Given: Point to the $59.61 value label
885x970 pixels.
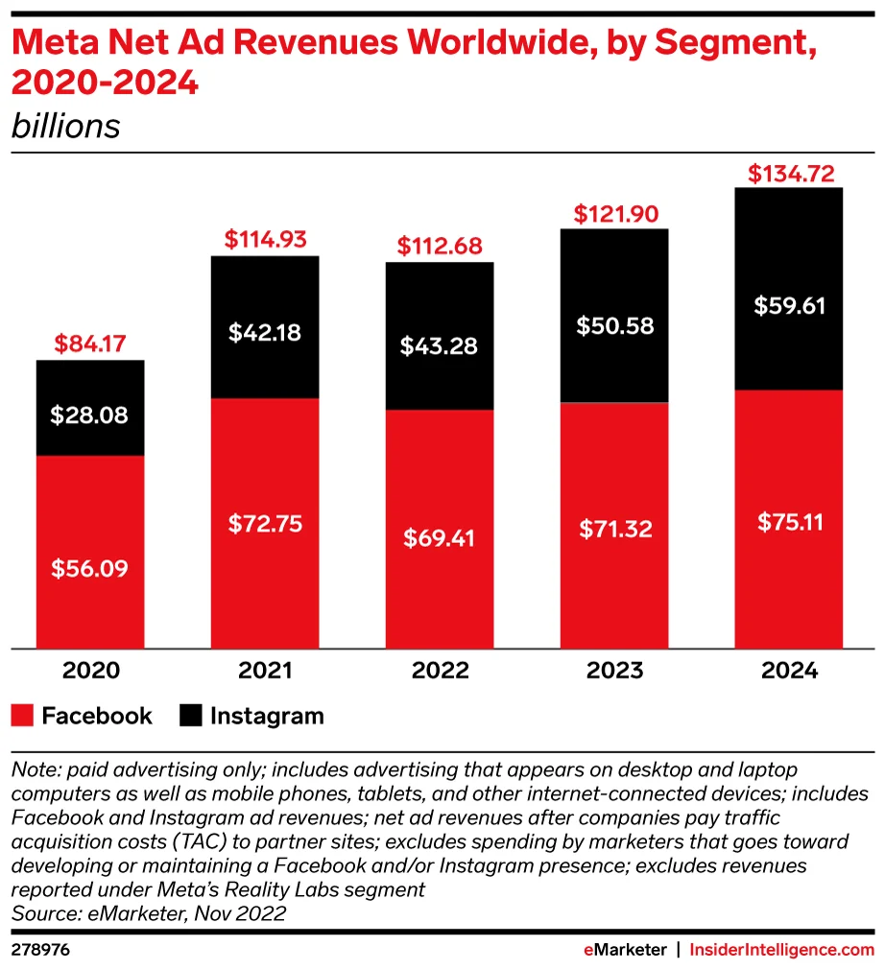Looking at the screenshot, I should (x=788, y=307).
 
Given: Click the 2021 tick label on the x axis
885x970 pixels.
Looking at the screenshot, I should (x=265, y=671).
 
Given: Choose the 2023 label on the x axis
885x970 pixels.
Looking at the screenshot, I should (x=614, y=671).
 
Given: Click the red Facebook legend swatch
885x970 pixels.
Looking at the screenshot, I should (x=23, y=716).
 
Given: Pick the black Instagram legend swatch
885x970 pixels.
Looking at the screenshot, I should (x=191, y=716).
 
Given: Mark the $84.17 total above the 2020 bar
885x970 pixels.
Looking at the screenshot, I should (x=90, y=342).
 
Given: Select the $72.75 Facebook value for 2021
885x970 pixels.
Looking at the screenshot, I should (x=265, y=524).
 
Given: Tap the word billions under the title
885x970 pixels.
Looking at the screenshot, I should (x=65, y=127).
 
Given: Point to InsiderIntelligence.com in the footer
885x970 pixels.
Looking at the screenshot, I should (x=782, y=950).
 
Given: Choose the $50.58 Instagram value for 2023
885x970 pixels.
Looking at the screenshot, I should (x=614, y=325).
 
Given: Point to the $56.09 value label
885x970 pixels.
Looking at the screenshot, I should (x=90, y=568).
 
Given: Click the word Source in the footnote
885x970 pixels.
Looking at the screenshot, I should (x=41, y=913).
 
